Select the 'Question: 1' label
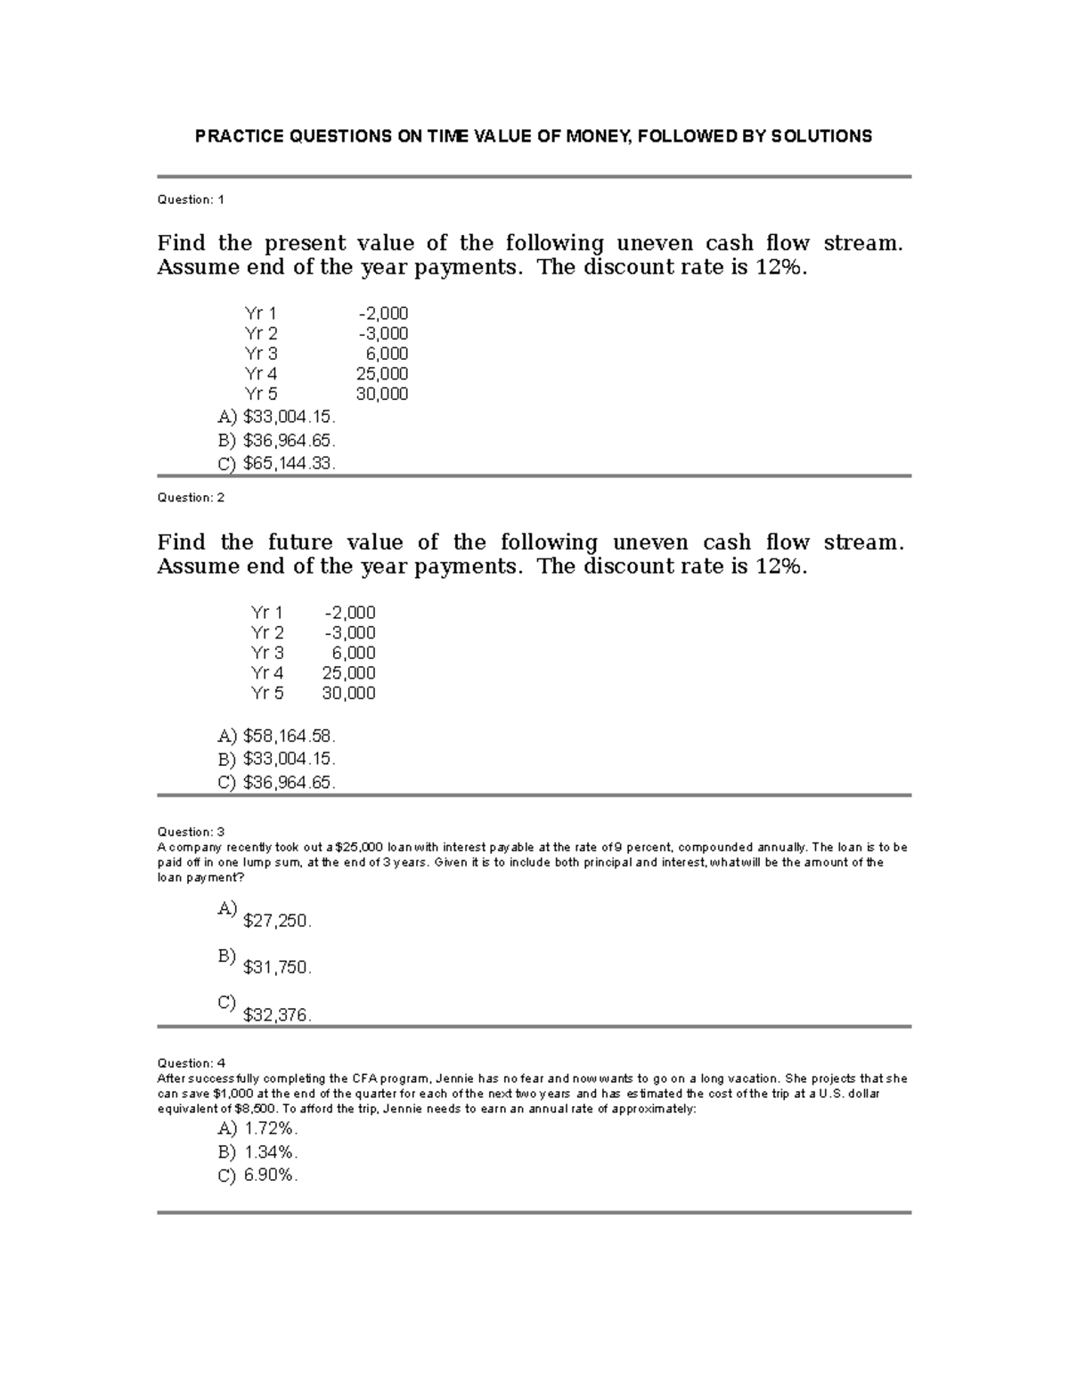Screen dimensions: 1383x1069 (191, 199)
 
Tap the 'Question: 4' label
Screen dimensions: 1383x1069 (191, 1062)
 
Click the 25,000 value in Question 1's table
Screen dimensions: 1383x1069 (382, 374)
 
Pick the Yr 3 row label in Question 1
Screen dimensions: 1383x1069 (261, 354)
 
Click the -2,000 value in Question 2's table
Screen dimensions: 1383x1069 (349, 613)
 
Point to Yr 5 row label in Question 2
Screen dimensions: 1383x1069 (267, 693)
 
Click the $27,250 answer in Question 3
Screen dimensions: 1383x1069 (277, 922)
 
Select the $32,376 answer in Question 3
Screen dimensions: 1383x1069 (277, 1014)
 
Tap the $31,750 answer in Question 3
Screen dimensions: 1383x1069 (277, 967)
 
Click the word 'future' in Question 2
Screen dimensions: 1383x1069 (300, 542)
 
